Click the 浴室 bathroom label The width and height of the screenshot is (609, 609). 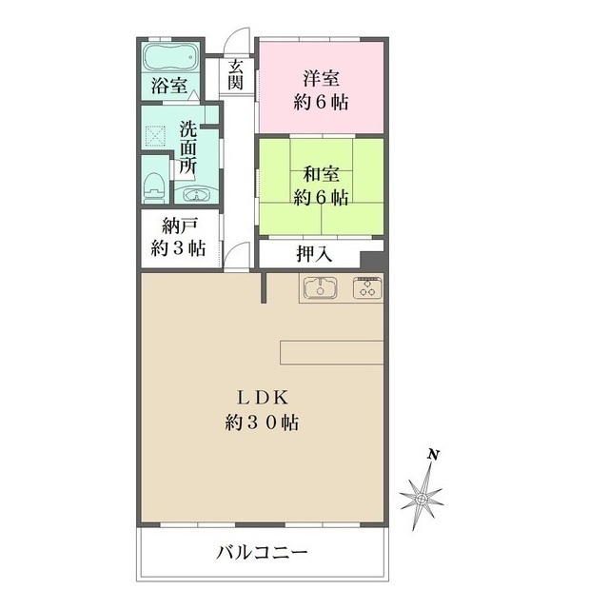point(168,86)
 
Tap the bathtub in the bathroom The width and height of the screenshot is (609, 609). point(170,56)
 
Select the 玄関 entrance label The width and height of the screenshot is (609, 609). point(235,75)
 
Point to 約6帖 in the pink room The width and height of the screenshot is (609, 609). point(321,103)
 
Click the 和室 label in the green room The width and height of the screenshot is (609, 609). point(321,173)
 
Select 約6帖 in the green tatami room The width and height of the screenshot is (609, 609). point(321,198)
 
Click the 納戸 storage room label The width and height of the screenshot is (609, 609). point(178,226)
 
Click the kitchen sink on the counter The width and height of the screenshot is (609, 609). point(321,287)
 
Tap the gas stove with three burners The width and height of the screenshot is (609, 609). point(366,287)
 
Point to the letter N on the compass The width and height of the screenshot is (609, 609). point(433,456)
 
